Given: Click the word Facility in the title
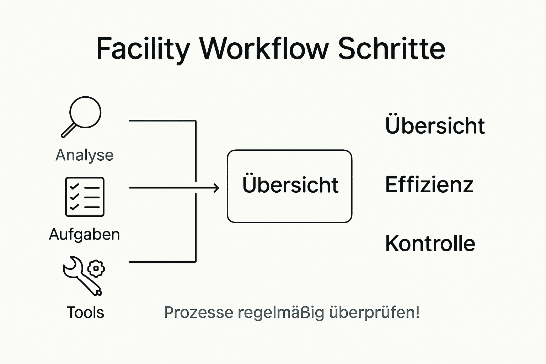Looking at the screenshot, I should click(x=143, y=49).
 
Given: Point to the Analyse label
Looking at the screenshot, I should click(x=85, y=155).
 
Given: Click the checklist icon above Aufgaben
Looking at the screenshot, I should click(x=85, y=197).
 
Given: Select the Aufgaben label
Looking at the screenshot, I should click(x=85, y=235).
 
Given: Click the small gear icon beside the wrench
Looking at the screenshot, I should click(x=96, y=269).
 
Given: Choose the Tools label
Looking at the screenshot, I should click(x=85, y=312).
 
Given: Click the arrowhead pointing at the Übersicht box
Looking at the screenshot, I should click(x=216, y=188).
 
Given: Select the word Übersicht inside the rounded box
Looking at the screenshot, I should click(x=290, y=185).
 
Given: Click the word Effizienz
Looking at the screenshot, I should click(x=429, y=184).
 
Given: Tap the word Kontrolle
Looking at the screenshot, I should click(x=430, y=243).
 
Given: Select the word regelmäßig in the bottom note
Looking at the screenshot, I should click(x=281, y=313).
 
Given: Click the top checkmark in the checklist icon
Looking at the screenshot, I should click(x=74, y=187).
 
